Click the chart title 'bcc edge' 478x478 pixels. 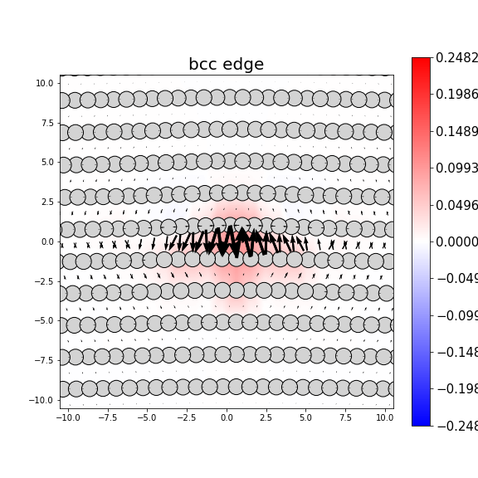tap(226, 65)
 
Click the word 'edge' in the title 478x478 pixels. tap(245, 65)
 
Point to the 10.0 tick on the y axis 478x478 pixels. tap(45, 84)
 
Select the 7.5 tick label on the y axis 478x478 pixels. tap(46, 123)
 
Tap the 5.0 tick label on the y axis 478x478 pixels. tap(46, 163)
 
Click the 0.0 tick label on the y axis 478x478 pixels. tap(46, 242)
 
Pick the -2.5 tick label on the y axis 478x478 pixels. tap(44, 281)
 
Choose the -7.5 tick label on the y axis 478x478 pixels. tap(44, 361)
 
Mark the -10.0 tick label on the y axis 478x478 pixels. tap(42, 400)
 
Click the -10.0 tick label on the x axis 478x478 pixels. tap(68, 418)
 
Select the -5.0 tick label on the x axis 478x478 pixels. tap(147, 418)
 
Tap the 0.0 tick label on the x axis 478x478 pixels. tap(226, 418)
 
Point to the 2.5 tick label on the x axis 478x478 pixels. tap(266, 418)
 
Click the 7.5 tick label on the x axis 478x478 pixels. tap(345, 418)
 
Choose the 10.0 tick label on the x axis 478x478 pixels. tap(384, 418)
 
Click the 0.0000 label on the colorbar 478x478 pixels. tap(456, 241)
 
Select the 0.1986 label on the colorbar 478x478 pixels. tap(456, 95)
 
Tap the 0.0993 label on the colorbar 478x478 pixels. tap(456, 168)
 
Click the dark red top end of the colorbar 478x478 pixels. tap(421, 61)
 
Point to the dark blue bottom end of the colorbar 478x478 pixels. tap(421, 422)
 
